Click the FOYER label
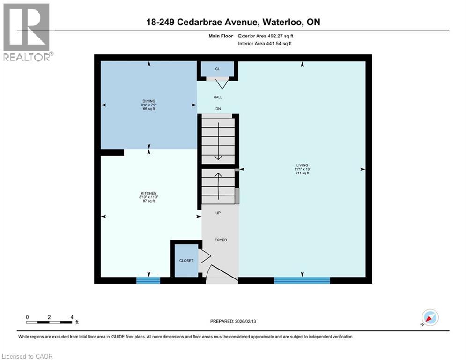221,240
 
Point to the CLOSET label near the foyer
186,261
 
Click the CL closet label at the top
217,69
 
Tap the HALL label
218,97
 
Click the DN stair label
218,109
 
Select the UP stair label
218,213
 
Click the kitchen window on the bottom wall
148,280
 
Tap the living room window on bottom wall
302,280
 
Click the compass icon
429,317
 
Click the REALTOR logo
27,32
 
